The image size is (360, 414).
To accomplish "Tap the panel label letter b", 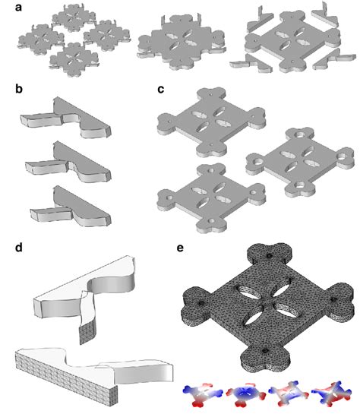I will click(x=19, y=88).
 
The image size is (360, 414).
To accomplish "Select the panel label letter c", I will click(x=160, y=88).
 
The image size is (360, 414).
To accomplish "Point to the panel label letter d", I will click(x=19, y=248).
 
